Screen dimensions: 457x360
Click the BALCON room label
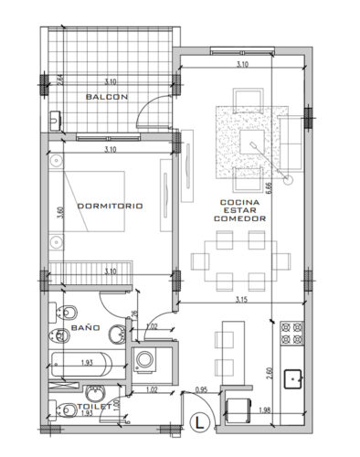pyautogui.click(x=106, y=96)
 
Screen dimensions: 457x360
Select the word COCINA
pyautogui.click(x=239, y=202)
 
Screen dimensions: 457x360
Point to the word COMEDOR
pyautogui.click(x=239, y=219)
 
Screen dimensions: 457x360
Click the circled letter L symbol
pyautogui.click(x=203, y=422)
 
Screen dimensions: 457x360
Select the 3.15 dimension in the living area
pyautogui.click(x=242, y=298)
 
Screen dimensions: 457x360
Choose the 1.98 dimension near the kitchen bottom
pyautogui.click(x=266, y=409)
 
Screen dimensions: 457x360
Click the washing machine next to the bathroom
pyautogui.click(x=144, y=360)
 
